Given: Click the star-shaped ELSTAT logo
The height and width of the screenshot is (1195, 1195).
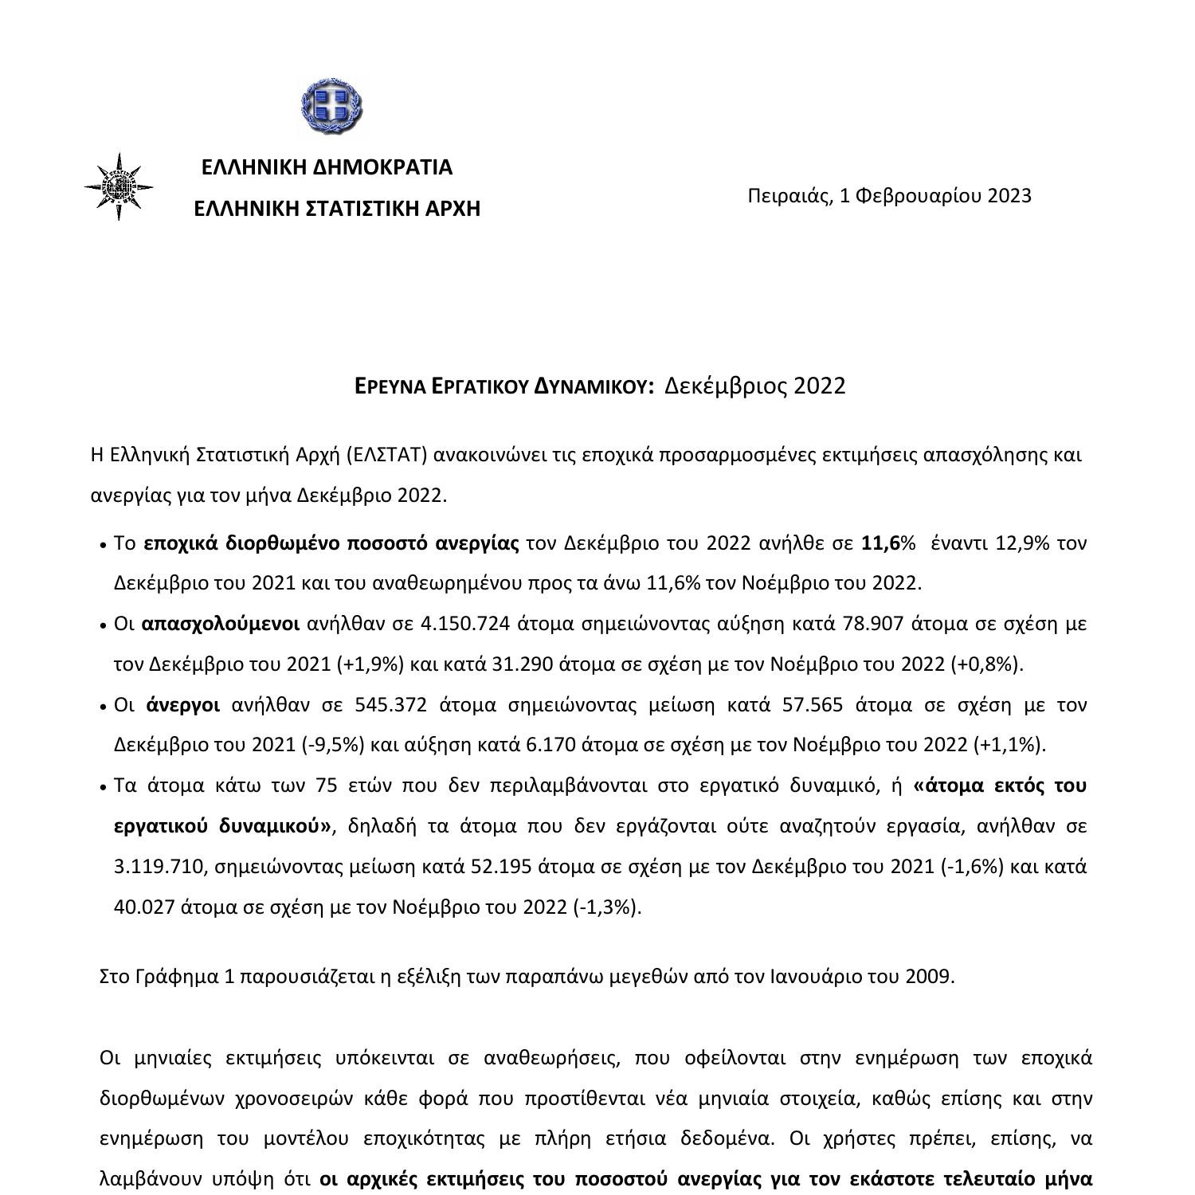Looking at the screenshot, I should (119, 187).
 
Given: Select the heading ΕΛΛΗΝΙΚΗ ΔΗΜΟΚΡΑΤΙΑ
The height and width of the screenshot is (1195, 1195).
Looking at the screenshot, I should (327, 167).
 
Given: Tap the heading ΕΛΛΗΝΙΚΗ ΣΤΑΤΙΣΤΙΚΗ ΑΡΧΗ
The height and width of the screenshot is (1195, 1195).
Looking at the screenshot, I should (337, 209).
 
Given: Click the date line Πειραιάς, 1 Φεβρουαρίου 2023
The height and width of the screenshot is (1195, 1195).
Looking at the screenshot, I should (889, 196).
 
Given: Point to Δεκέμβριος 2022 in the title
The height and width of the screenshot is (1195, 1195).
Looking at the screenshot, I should (754, 386).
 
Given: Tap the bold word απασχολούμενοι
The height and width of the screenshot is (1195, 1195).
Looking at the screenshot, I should (220, 624).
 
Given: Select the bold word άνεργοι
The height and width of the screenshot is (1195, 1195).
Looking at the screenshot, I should (183, 705).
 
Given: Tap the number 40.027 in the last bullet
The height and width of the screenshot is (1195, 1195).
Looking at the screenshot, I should (144, 907).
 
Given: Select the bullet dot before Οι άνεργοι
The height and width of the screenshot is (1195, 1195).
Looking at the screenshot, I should (104, 707).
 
